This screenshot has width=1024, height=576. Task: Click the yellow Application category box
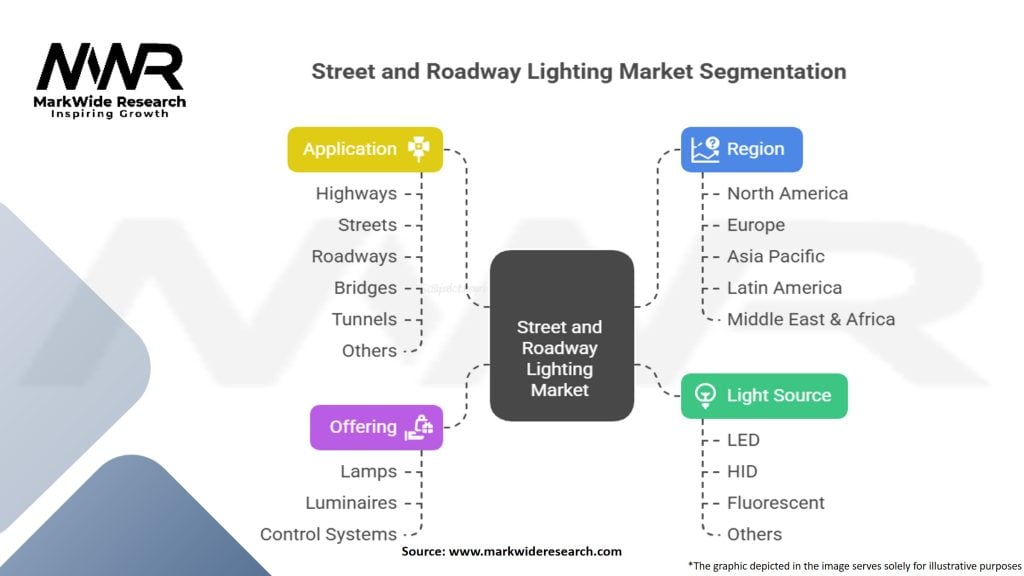pos(365,149)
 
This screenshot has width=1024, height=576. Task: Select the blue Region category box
pos(741,149)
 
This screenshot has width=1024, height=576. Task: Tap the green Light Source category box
pos(764,395)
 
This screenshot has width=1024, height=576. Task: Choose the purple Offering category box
pos(376,427)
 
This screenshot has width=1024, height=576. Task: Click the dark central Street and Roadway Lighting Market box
pos(561,335)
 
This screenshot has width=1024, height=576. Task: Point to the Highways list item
pos(356,194)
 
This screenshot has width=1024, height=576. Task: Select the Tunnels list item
pos(364,319)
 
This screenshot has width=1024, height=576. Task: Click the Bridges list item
pos(365,288)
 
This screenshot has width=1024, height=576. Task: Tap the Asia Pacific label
pos(776,256)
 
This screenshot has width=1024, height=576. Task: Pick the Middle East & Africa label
pos(810,319)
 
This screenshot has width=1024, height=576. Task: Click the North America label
pos(787,194)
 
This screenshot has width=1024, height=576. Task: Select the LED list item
pos(743,440)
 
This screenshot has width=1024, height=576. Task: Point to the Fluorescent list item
pos(776,503)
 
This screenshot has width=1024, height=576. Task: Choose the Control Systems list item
pos(328,534)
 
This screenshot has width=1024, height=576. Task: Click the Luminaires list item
pos(351,503)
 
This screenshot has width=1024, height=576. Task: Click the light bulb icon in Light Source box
pos(704,396)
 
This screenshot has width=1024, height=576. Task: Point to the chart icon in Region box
pos(704,149)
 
